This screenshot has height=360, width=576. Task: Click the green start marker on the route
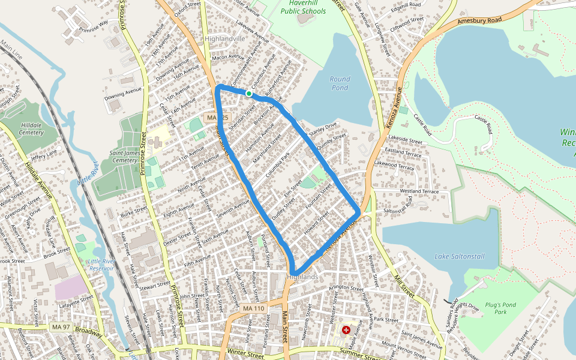tap(248, 93)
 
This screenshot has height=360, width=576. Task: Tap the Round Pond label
tap(340, 83)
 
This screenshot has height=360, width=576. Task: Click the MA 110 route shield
tap(254, 308)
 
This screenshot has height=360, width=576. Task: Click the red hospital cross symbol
tap(346, 330)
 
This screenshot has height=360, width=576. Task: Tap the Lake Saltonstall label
tap(459, 256)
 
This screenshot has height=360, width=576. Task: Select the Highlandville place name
tap(225, 38)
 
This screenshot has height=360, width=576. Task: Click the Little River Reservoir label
tap(100, 265)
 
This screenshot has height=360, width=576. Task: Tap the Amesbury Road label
tap(479, 20)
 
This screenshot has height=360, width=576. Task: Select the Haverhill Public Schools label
tap(303, 7)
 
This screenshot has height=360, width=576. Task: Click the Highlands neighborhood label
tap(302, 277)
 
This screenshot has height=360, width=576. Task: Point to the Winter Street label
tap(247, 355)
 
